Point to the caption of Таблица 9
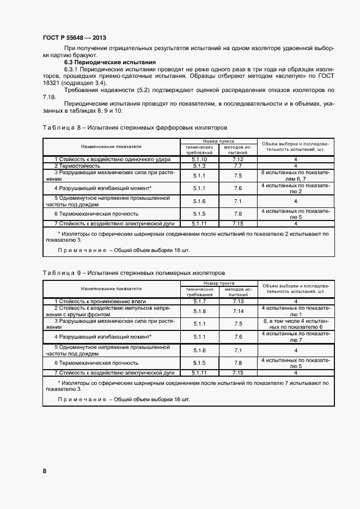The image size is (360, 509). pyautogui.click(x=133, y=272)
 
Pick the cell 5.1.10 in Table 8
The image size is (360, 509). pyautogui.click(x=199, y=159)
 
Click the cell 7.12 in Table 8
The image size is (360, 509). pyautogui.click(x=237, y=159)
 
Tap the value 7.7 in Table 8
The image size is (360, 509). pyautogui.click(x=237, y=165)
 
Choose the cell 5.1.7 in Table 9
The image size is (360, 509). pyautogui.click(x=199, y=301)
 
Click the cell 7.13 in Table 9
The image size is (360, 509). pyautogui.click(x=237, y=301)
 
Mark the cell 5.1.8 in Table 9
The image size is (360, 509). pyautogui.click(x=199, y=311)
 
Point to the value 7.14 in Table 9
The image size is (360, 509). pyautogui.click(x=237, y=311)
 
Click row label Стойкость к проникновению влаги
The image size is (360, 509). pyautogui.click(x=101, y=301)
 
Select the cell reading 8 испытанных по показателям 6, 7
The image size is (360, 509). pyautogui.click(x=296, y=175)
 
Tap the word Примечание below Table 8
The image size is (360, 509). pyautogui.click(x=82, y=249)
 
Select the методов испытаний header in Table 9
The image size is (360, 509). pyautogui.click(x=237, y=291)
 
